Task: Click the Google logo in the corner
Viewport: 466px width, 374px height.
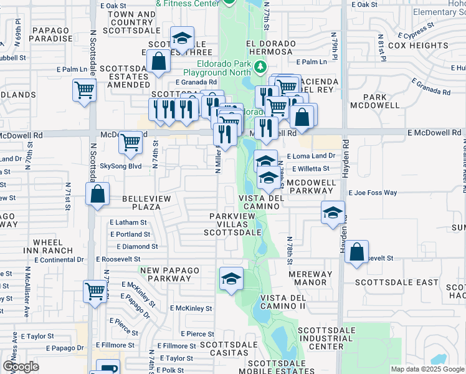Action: click(x=21, y=367)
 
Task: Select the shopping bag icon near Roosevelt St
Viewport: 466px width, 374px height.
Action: click(x=356, y=253)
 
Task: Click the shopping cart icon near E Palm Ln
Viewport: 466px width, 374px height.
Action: click(x=84, y=90)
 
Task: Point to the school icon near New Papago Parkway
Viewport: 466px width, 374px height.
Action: click(x=231, y=278)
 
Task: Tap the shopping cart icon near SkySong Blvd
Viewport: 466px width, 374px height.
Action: click(x=130, y=142)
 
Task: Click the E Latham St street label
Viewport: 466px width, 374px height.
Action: click(x=128, y=222)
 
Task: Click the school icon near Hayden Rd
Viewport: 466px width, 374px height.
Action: click(x=333, y=213)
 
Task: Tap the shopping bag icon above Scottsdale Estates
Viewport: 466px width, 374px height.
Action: click(x=159, y=62)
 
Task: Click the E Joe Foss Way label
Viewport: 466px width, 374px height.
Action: click(x=373, y=193)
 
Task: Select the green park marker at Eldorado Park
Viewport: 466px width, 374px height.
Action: click(x=262, y=67)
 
